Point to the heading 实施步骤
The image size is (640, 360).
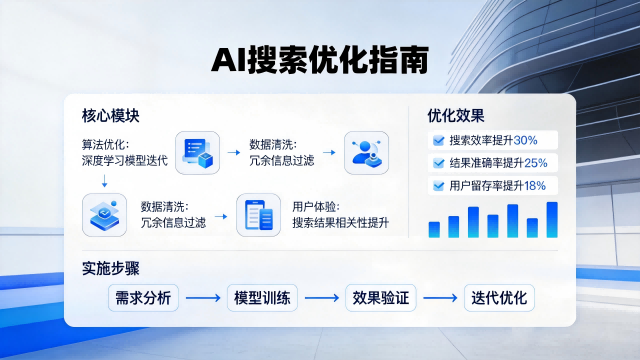(x=110, y=269)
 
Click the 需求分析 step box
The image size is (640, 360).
(x=143, y=298)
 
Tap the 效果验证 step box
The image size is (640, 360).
(x=382, y=298)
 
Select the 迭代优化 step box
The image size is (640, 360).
(x=499, y=298)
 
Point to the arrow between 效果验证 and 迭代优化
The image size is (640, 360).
(x=441, y=298)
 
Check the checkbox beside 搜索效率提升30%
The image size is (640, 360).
(x=438, y=141)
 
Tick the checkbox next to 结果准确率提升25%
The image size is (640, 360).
(x=438, y=163)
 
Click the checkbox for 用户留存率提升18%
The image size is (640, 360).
(x=438, y=185)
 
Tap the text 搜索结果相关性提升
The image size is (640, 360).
(x=340, y=222)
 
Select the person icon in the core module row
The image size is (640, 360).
(x=366, y=153)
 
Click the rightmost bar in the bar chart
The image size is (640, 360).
(x=551, y=219)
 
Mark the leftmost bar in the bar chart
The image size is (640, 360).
(x=434, y=229)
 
